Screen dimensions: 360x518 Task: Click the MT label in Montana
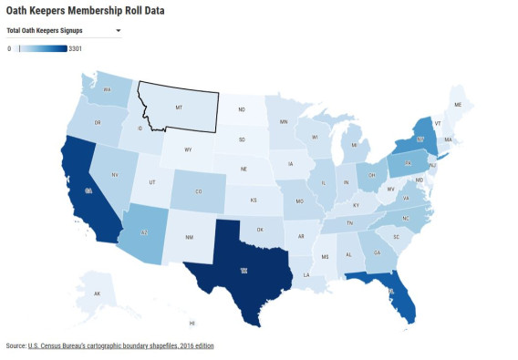179,107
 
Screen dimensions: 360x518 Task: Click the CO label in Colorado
199,191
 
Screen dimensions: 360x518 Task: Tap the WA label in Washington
107,90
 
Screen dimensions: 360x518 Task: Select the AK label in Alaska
97,293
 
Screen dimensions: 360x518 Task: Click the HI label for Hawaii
192,324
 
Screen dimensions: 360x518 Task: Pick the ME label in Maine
458,105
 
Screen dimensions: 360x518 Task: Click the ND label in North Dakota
242,110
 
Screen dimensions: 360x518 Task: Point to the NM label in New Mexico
189,237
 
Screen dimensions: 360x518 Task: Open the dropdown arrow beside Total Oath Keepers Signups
119,31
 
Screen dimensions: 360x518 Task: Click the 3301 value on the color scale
75,48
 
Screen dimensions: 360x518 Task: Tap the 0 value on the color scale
9,48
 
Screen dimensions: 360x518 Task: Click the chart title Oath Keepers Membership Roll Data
85,10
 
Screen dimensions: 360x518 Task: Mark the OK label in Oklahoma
259,230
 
